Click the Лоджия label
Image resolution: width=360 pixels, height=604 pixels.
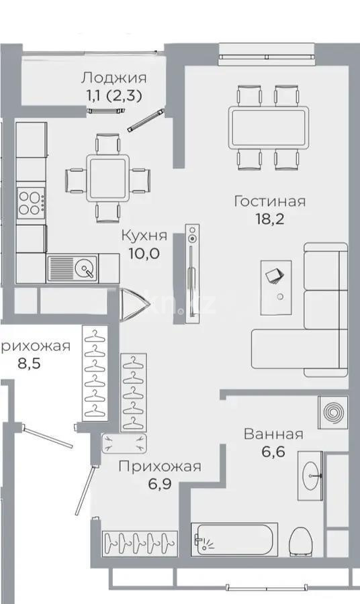(113, 78)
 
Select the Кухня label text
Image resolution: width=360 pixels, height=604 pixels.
(144, 236)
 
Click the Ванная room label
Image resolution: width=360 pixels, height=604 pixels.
(273, 434)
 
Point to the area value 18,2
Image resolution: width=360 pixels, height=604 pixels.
(270, 219)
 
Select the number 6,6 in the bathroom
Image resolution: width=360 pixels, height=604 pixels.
(273, 452)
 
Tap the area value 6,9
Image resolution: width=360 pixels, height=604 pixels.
(159, 484)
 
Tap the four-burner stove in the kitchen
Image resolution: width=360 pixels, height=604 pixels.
(31, 202)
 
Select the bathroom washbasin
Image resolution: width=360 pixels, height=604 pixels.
(311, 476)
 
